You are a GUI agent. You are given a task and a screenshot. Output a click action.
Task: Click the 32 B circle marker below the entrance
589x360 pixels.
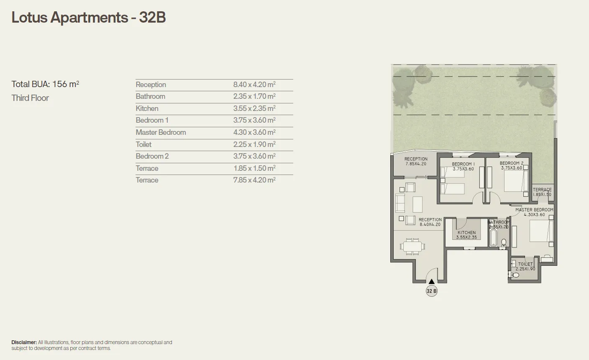432,291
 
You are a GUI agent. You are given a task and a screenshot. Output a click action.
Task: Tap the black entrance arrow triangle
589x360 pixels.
432,282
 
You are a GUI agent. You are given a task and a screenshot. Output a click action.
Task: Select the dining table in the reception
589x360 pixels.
412,246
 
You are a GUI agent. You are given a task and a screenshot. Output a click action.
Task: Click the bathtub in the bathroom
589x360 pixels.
493,237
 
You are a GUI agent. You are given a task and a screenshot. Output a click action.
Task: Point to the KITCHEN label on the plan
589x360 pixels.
466,233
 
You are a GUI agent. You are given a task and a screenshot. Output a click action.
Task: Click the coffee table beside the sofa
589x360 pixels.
417,204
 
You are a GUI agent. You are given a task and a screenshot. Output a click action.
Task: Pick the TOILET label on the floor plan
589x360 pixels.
525,264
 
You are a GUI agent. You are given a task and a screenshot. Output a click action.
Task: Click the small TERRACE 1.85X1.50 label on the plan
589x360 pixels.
542,192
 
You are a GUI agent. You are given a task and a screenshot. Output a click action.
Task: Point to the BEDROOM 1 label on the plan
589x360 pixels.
463,164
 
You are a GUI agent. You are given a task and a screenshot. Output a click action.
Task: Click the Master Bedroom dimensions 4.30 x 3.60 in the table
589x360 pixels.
254,132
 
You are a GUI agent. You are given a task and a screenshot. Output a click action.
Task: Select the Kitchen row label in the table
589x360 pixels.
147,108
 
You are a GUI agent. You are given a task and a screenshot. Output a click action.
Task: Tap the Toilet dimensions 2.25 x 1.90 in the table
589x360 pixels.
254,144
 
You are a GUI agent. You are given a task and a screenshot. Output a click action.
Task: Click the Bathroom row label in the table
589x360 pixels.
150,96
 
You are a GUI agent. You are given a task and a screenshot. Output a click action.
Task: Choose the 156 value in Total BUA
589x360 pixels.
60,84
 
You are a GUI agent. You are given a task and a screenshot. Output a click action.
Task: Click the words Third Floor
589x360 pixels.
30,98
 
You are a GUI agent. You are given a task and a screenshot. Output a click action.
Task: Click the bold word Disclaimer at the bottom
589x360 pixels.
24,342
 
